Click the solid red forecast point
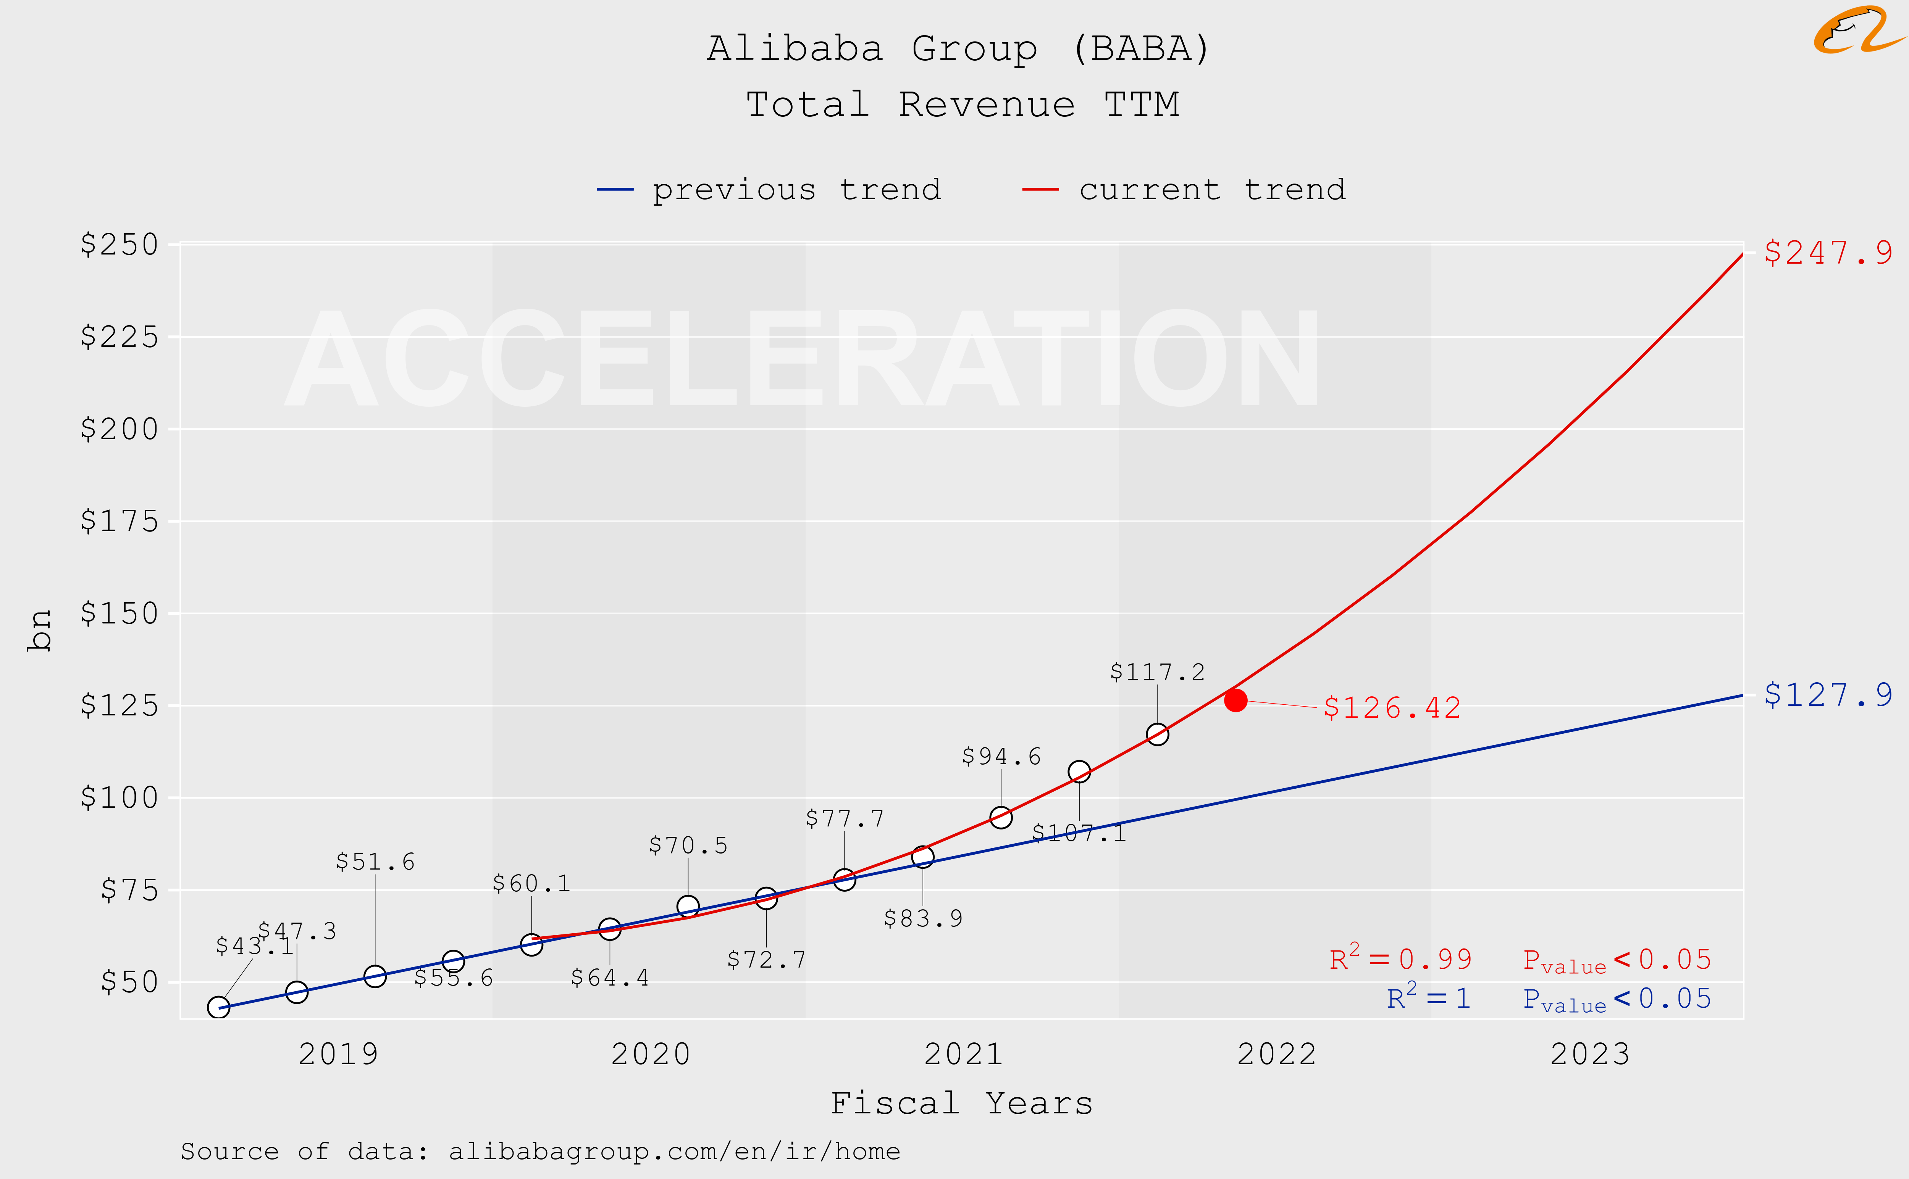(x=1235, y=700)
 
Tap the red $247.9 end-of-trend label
(x=1828, y=253)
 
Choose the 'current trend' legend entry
(x=1184, y=190)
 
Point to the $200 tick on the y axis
(x=120, y=429)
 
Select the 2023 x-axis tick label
(x=1589, y=1054)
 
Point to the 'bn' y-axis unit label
(x=39, y=630)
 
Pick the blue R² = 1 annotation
(x=1428, y=998)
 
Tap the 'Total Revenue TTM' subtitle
(x=962, y=105)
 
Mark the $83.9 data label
(x=923, y=918)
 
